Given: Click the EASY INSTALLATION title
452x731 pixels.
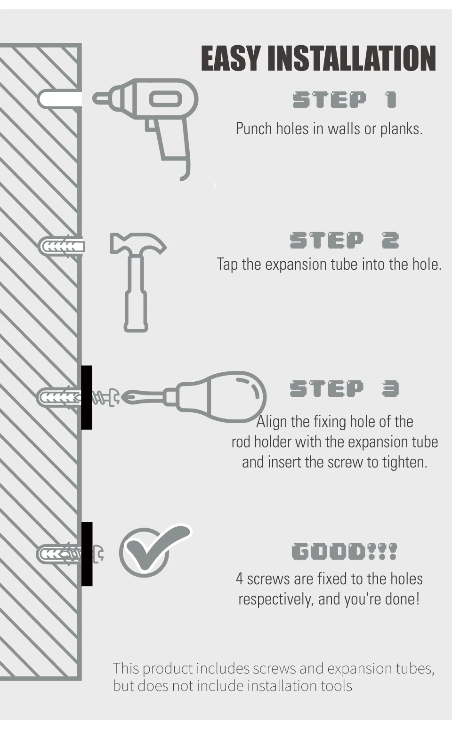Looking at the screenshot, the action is tap(319, 58).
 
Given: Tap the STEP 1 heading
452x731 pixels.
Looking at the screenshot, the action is tap(345, 99).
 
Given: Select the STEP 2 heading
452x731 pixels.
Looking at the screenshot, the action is tap(345, 241).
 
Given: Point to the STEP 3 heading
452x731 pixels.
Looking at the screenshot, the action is tap(345, 389).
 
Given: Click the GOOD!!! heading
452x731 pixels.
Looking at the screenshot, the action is tap(345, 551).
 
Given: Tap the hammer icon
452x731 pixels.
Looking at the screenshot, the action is tap(138, 282).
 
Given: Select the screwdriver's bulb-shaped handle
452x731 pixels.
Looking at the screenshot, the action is tap(221, 397).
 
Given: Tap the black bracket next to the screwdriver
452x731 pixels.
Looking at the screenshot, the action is tap(87, 397).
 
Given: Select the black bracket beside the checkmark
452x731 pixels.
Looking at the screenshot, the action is tap(87, 554).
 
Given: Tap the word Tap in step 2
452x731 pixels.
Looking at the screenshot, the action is tap(227, 265).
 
